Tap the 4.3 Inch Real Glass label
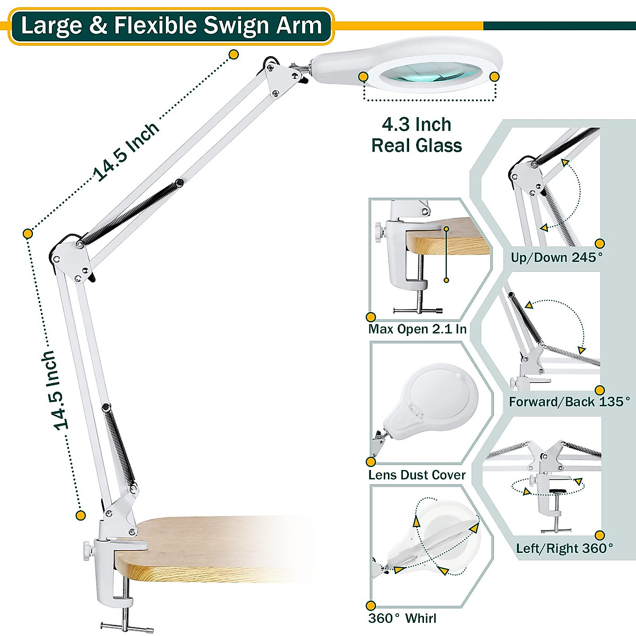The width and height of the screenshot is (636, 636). point(417,135)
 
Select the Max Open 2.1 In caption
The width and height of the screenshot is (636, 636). point(418,329)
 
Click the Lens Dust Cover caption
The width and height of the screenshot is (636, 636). point(417,475)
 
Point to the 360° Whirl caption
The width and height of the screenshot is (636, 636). point(402,618)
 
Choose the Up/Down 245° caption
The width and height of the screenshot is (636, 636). point(556,258)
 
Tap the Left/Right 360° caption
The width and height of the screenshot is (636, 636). point(564,548)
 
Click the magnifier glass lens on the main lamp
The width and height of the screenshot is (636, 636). point(428,75)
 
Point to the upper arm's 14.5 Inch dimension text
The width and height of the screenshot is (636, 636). point(126,152)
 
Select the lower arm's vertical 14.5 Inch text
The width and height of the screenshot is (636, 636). point(55,390)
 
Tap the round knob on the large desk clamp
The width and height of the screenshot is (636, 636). point(85,551)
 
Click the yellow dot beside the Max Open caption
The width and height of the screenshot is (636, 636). point(371,317)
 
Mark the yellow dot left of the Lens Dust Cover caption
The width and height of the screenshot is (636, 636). point(371,463)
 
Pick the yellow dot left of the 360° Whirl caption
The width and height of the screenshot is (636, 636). point(371,605)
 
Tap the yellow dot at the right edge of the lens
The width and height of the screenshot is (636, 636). point(494,77)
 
